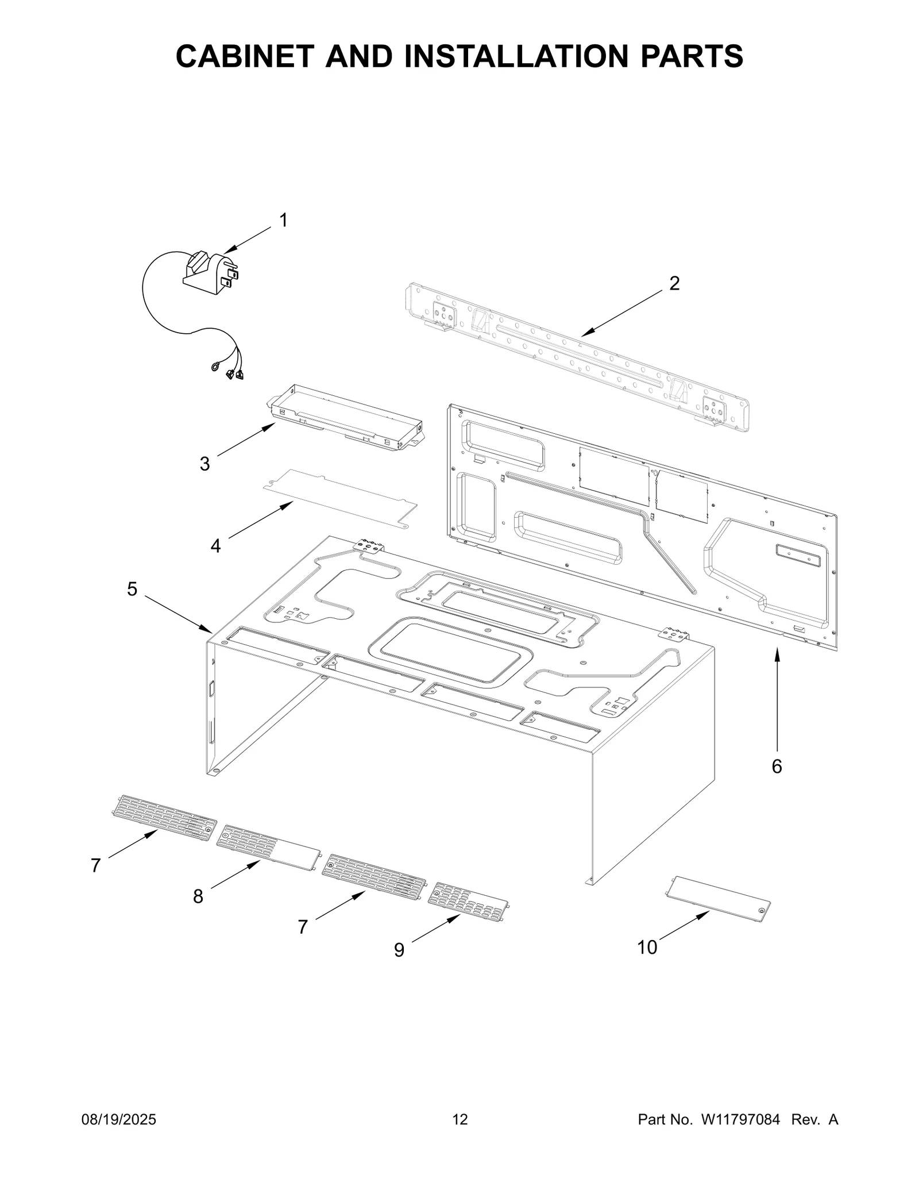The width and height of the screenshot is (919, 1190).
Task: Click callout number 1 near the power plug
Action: point(283,220)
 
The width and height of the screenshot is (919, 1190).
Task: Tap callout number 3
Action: point(204,464)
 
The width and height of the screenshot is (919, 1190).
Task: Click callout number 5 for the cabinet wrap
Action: point(132,589)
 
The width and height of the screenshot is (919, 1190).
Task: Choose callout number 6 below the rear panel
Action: point(777,766)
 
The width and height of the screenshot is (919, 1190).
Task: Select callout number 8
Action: point(198,896)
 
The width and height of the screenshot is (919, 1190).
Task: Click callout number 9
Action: point(399,950)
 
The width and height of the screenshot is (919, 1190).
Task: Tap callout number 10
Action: point(647,947)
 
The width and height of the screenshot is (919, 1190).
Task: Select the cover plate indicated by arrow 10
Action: point(717,900)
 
